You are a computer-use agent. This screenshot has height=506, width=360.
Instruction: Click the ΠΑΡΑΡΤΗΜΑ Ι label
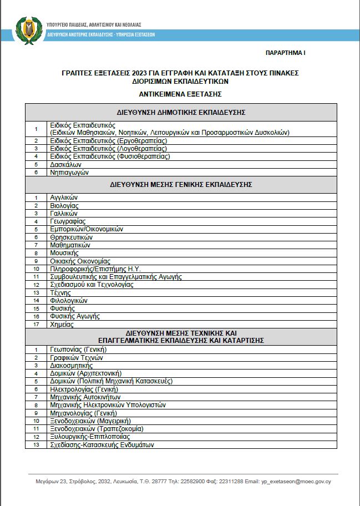(286, 53)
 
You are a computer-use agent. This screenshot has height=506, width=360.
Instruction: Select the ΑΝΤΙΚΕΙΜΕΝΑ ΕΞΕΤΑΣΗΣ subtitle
(181, 94)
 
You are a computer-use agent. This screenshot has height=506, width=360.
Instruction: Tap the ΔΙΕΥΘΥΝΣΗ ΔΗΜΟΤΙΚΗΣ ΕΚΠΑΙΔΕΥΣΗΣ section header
(181, 112)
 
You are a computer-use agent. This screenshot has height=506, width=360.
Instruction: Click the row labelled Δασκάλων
(66, 164)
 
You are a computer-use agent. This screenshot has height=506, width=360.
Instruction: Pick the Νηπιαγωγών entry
(69, 172)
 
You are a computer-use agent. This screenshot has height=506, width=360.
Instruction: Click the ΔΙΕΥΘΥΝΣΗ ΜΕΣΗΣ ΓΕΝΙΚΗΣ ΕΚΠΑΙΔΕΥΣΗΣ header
(181, 184)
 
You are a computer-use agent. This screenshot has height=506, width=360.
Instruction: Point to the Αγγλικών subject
(64, 198)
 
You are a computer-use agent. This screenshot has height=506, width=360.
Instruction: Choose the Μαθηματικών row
(70, 245)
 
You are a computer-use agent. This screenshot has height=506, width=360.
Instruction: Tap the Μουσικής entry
(64, 253)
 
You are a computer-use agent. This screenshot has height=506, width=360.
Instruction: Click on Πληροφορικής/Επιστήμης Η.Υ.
(95, 269)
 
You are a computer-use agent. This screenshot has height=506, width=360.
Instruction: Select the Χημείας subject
(62, 324)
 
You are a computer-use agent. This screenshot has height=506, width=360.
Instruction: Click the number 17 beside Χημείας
(36, 324)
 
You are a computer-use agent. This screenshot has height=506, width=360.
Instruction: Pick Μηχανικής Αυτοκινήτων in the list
(84, 397)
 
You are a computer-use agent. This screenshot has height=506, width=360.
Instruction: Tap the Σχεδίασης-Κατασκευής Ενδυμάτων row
(102, 444)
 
